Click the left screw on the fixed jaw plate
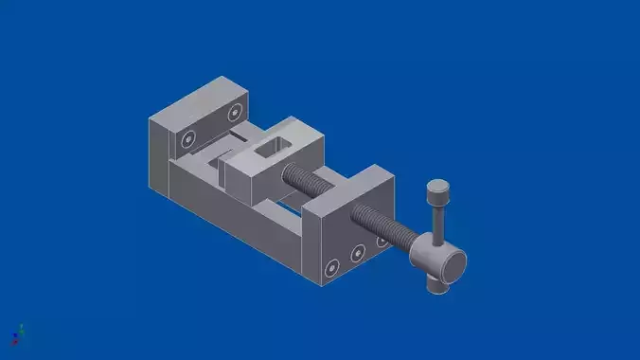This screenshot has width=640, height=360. [x=189, y=138]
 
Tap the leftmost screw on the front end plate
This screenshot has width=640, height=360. [x=331, y=268]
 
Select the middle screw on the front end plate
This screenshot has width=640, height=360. [x=358, y=253]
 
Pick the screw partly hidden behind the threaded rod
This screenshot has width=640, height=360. [x=382, y=241]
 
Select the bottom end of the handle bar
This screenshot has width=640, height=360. [x=436, y=284]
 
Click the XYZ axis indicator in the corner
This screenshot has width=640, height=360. [x=17, y=333]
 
